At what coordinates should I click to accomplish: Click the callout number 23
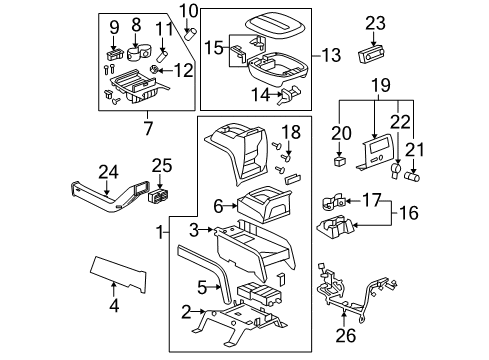click(375, 23)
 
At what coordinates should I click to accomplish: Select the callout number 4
click(114, 306)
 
